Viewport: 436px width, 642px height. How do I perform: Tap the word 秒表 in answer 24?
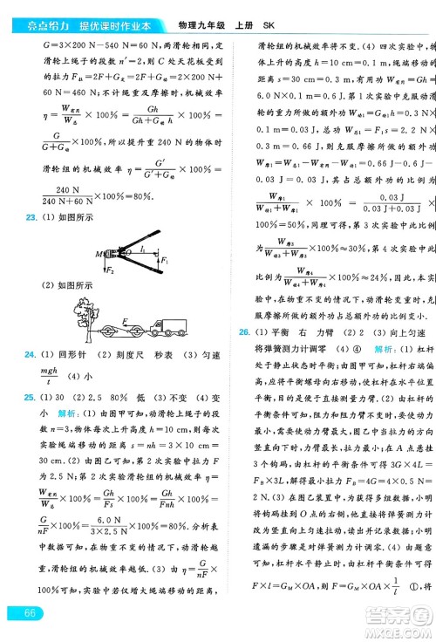pyautogui.click(x=155, y=355)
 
